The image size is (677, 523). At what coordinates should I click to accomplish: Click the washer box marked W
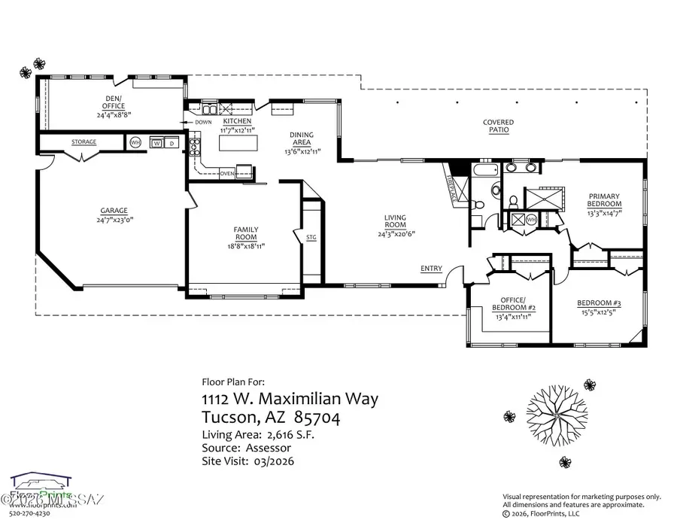tap(157, 142)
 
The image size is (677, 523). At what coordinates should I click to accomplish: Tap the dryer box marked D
tap(172, 142)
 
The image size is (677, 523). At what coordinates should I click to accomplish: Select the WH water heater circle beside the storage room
tap(135, 141)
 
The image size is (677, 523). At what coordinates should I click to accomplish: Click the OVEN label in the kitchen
tap(227, 173)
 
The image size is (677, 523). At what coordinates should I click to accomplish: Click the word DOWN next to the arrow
tap(203, 122)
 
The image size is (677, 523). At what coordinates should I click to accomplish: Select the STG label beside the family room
tap(311, 238)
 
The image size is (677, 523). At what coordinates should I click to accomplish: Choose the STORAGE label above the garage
tap(83, 141)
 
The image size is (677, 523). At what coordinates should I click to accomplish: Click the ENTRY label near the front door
tap(431, 269)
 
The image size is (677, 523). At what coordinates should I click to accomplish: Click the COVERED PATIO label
tap(498, 126)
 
